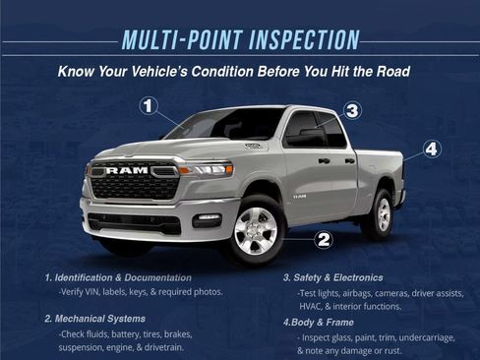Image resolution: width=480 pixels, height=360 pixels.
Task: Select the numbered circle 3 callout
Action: (x=352, y=110)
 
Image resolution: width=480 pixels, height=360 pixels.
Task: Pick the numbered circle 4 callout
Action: (x=431, y=150)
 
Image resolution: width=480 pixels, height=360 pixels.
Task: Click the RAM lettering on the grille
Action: (x=127, y=170)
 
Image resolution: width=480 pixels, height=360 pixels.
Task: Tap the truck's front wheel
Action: (x=254, y=229)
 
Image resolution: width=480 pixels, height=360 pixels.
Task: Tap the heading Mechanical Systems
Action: (x=95, y=319)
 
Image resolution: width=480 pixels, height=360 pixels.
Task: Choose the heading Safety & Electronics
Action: (x=332, y=277)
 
